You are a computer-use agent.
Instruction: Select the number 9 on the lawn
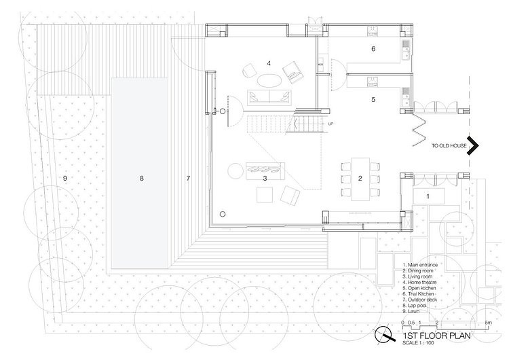(x=64, y=178)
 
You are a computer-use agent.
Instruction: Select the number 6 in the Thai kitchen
(x=373, y=49)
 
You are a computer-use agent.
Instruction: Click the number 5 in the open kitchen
(x=373, y=99)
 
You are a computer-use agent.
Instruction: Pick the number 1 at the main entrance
(x=428, y=196)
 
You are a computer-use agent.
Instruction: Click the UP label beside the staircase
(x=331, y=124)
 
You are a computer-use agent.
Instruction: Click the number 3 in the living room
(x=265, y=178)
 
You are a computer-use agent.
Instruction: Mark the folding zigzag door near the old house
(x=420, y=125)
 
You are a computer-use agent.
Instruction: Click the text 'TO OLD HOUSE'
(x=448, y=145)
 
